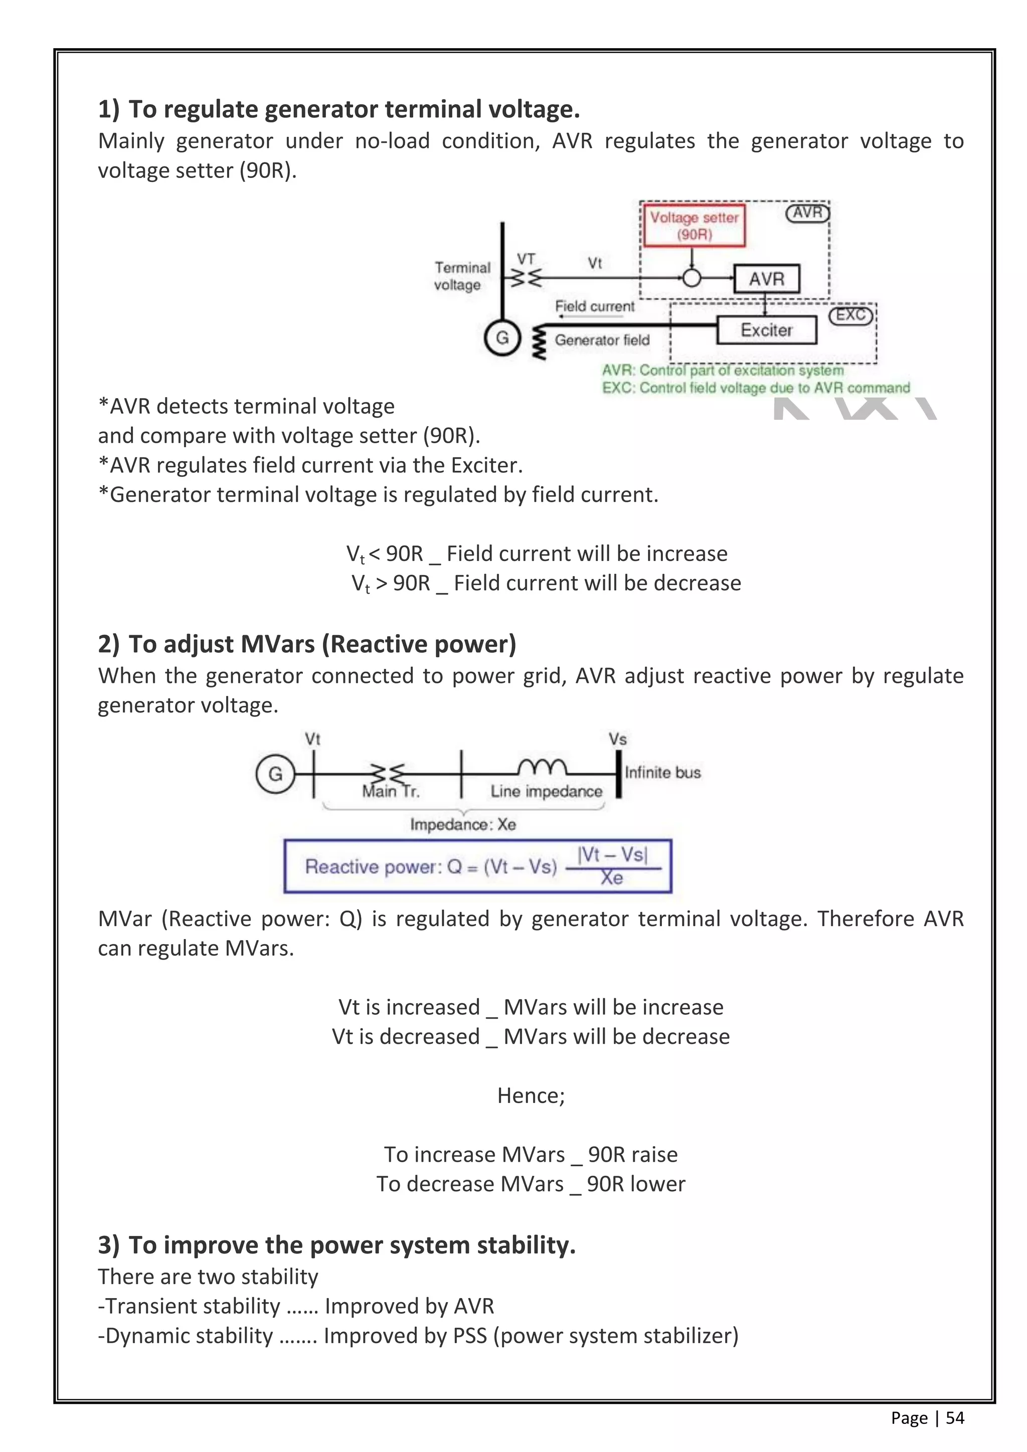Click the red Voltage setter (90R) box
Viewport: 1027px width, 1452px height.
(694, 226)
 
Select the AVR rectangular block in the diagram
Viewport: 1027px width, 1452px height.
(766, 279)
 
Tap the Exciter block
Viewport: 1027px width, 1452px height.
(766, 330)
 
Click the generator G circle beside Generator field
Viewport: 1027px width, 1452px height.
(502, 338)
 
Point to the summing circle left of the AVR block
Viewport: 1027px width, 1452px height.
(692, 278)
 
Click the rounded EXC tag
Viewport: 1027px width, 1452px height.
(850, 315)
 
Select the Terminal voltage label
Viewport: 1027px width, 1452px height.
(462, 276)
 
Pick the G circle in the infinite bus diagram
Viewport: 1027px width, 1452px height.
(276, 774)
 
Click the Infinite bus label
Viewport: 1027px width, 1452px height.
(663, 772)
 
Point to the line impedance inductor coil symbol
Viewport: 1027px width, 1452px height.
(542, 767)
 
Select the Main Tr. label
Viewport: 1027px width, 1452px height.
(391, 792)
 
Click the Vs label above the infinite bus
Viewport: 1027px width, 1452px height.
(617, 739)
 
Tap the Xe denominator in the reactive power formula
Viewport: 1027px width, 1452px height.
(611, 878)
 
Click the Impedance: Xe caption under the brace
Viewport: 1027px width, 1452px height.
(463, 825)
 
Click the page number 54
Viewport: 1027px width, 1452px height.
(955, 1418)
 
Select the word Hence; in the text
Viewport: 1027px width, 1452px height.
(531, 1096)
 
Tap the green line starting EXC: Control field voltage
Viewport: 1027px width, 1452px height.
(756, 388)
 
